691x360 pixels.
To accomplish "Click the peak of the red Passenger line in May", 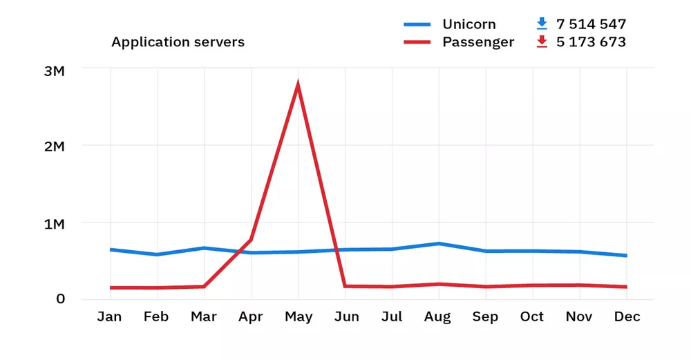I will (x=298, y=85).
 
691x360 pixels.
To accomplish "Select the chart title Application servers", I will (x=178, y=42).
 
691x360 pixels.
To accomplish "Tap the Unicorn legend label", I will (x=468, y=24).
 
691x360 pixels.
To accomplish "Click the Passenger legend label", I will (x=478, y=42).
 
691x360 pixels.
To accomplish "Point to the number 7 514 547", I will (x=591, y=24).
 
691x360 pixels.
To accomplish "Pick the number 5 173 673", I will (x=591, y=42).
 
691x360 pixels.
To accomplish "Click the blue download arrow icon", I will (x=542, y=24).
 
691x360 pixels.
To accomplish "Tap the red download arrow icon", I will (x=542, y=42).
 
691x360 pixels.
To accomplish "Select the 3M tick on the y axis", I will (x=53, y=70).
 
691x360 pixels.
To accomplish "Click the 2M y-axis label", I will (x=53, y=147).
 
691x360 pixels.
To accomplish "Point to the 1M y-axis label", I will (x=53, y=225).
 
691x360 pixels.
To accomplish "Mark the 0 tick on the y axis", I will (x=61, y=299).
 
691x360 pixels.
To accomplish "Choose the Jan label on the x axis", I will (x=109, y=317).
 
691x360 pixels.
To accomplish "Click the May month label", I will (x=298, y=317).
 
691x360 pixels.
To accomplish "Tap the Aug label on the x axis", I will (x=438, y=317).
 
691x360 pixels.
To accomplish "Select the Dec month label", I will (x=627, y=317).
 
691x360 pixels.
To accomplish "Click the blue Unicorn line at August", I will (x=438, y=243).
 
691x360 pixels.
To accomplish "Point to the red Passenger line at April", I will (x=251, y=240).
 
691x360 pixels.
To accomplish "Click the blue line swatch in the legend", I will (x=417, y=25).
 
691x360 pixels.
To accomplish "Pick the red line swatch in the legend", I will (x=417, y=43).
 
